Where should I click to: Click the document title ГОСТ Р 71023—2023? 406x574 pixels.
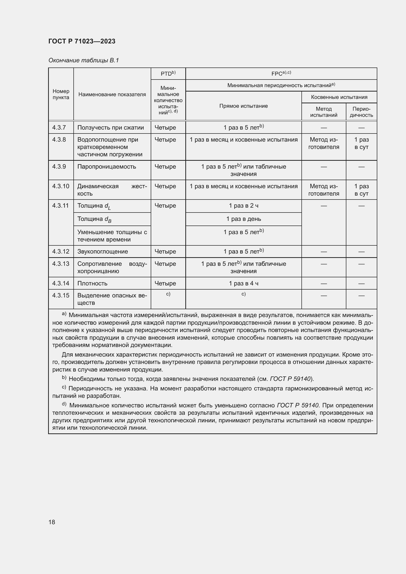(x=82, y=41)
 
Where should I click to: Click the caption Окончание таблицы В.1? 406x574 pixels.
(x=83, y=60)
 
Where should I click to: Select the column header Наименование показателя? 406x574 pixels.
(x=112, y=94)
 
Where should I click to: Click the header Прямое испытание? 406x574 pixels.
(x=243, y=106)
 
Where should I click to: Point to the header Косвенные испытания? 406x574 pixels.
(x=339, y=97)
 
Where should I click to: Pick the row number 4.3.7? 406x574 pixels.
(x=59, y=128)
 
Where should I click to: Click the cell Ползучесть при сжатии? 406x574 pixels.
(x=110, y=128)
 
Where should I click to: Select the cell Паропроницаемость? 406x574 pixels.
(x=107, y=166)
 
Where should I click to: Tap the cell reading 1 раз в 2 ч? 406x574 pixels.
(x=243, y=206)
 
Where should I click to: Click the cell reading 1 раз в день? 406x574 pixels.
(x=243, y=219)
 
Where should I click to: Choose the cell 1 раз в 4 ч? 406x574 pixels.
(x=243, y=283)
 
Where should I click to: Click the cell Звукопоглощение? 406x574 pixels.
(x=103, y=252)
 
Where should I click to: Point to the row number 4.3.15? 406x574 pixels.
(x=60, y=295)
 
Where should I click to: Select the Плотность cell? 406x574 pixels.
(x=92, y=283)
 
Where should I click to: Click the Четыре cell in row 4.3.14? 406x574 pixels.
(x=165, y=283)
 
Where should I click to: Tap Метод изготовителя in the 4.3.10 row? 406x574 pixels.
(x=324, y=190)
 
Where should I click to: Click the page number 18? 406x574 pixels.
(x=52, y=522)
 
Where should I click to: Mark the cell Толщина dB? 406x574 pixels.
(x=94, y=219)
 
